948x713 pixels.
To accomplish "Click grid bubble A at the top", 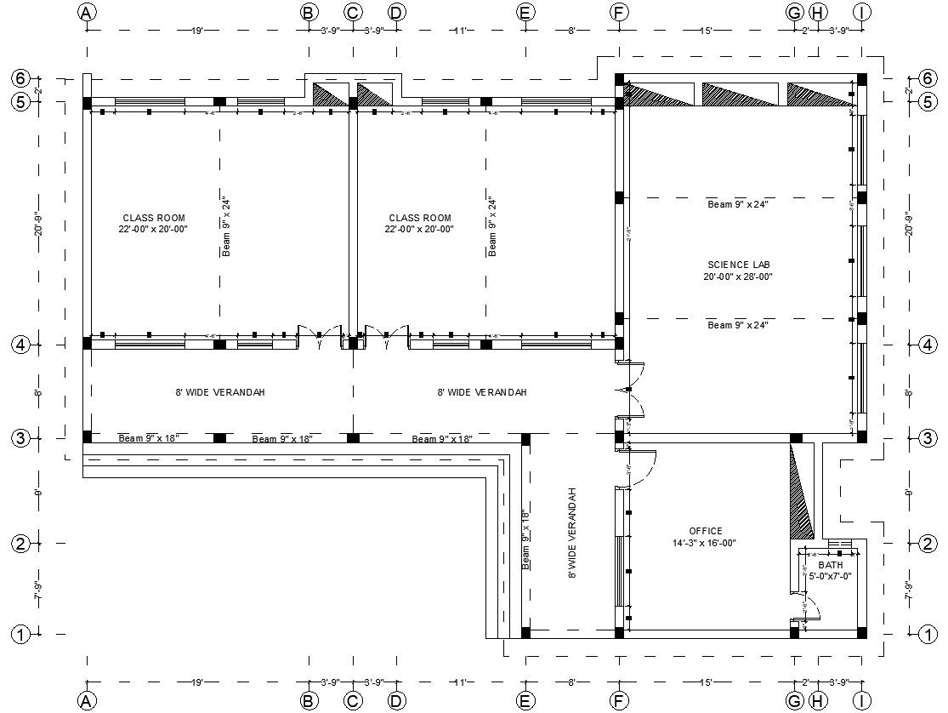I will [x=86, y=12].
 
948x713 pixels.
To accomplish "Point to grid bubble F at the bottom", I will [x=619, y=700].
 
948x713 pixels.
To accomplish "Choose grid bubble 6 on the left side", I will [x=20, y=78].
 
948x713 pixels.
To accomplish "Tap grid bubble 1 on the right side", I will [x=928, y=634].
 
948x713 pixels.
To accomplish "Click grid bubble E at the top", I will [x=525, y=12].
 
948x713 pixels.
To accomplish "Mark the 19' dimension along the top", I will [x=196, y=31].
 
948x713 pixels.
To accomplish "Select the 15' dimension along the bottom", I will [x=705, y=682].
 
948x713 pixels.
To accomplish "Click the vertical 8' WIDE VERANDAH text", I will [x=572, y=533].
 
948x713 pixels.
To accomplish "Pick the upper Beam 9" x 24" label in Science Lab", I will [x=738, y=204].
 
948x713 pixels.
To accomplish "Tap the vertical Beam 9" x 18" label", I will [x=525, y=539].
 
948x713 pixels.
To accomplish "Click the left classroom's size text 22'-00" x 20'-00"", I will [x=153, y=229].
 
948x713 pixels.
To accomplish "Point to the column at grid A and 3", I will [x=87, y=437].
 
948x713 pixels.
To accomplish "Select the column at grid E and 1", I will [x=525, y=633].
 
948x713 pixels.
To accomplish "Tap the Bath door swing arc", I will [x=811, y=606].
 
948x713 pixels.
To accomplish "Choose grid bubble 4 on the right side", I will [x=928, y=345].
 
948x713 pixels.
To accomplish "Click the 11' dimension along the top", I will [x=460, y=31].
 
